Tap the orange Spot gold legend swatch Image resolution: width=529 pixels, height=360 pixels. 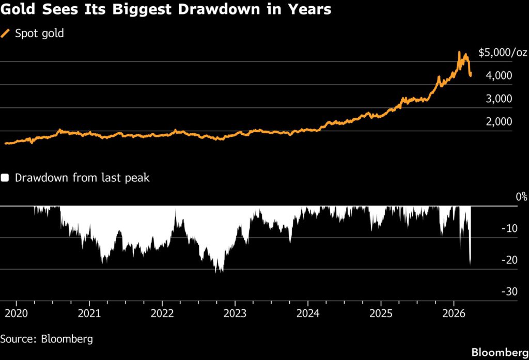6,34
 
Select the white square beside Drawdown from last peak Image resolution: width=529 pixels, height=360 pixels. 5,178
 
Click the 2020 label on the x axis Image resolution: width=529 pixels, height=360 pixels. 16,313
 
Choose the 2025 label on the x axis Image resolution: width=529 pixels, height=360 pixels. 380,313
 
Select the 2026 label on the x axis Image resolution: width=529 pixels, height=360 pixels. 453,313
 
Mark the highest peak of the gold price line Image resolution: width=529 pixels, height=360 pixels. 459,52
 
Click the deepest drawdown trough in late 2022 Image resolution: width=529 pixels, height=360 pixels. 218,272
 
